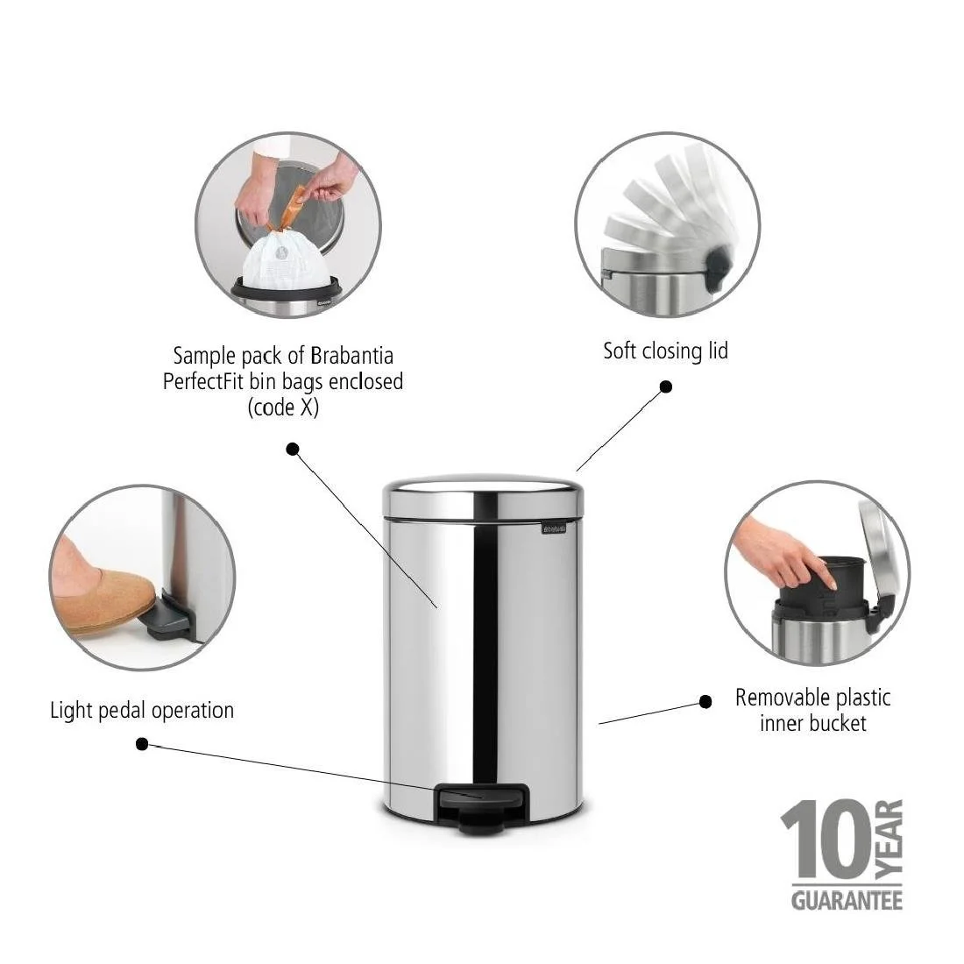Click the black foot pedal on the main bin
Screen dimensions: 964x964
click(x=480, y=797)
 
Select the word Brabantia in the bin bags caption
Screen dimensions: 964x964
click(x=351, y=356)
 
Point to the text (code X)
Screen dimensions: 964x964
click(x=283, y=408)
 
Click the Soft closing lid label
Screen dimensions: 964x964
click(x=665, y=351)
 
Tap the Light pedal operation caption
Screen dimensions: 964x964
click(x=142, y=710)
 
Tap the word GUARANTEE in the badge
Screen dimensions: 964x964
click(x=847, y=901)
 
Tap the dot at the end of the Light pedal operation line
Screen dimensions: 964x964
click(x=142, y=744)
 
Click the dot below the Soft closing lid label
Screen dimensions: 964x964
click(x=666, y=386)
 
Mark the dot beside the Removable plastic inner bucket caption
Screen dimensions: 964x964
click(x=705, y=701)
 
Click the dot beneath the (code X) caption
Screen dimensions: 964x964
click(x=293, y=449)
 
